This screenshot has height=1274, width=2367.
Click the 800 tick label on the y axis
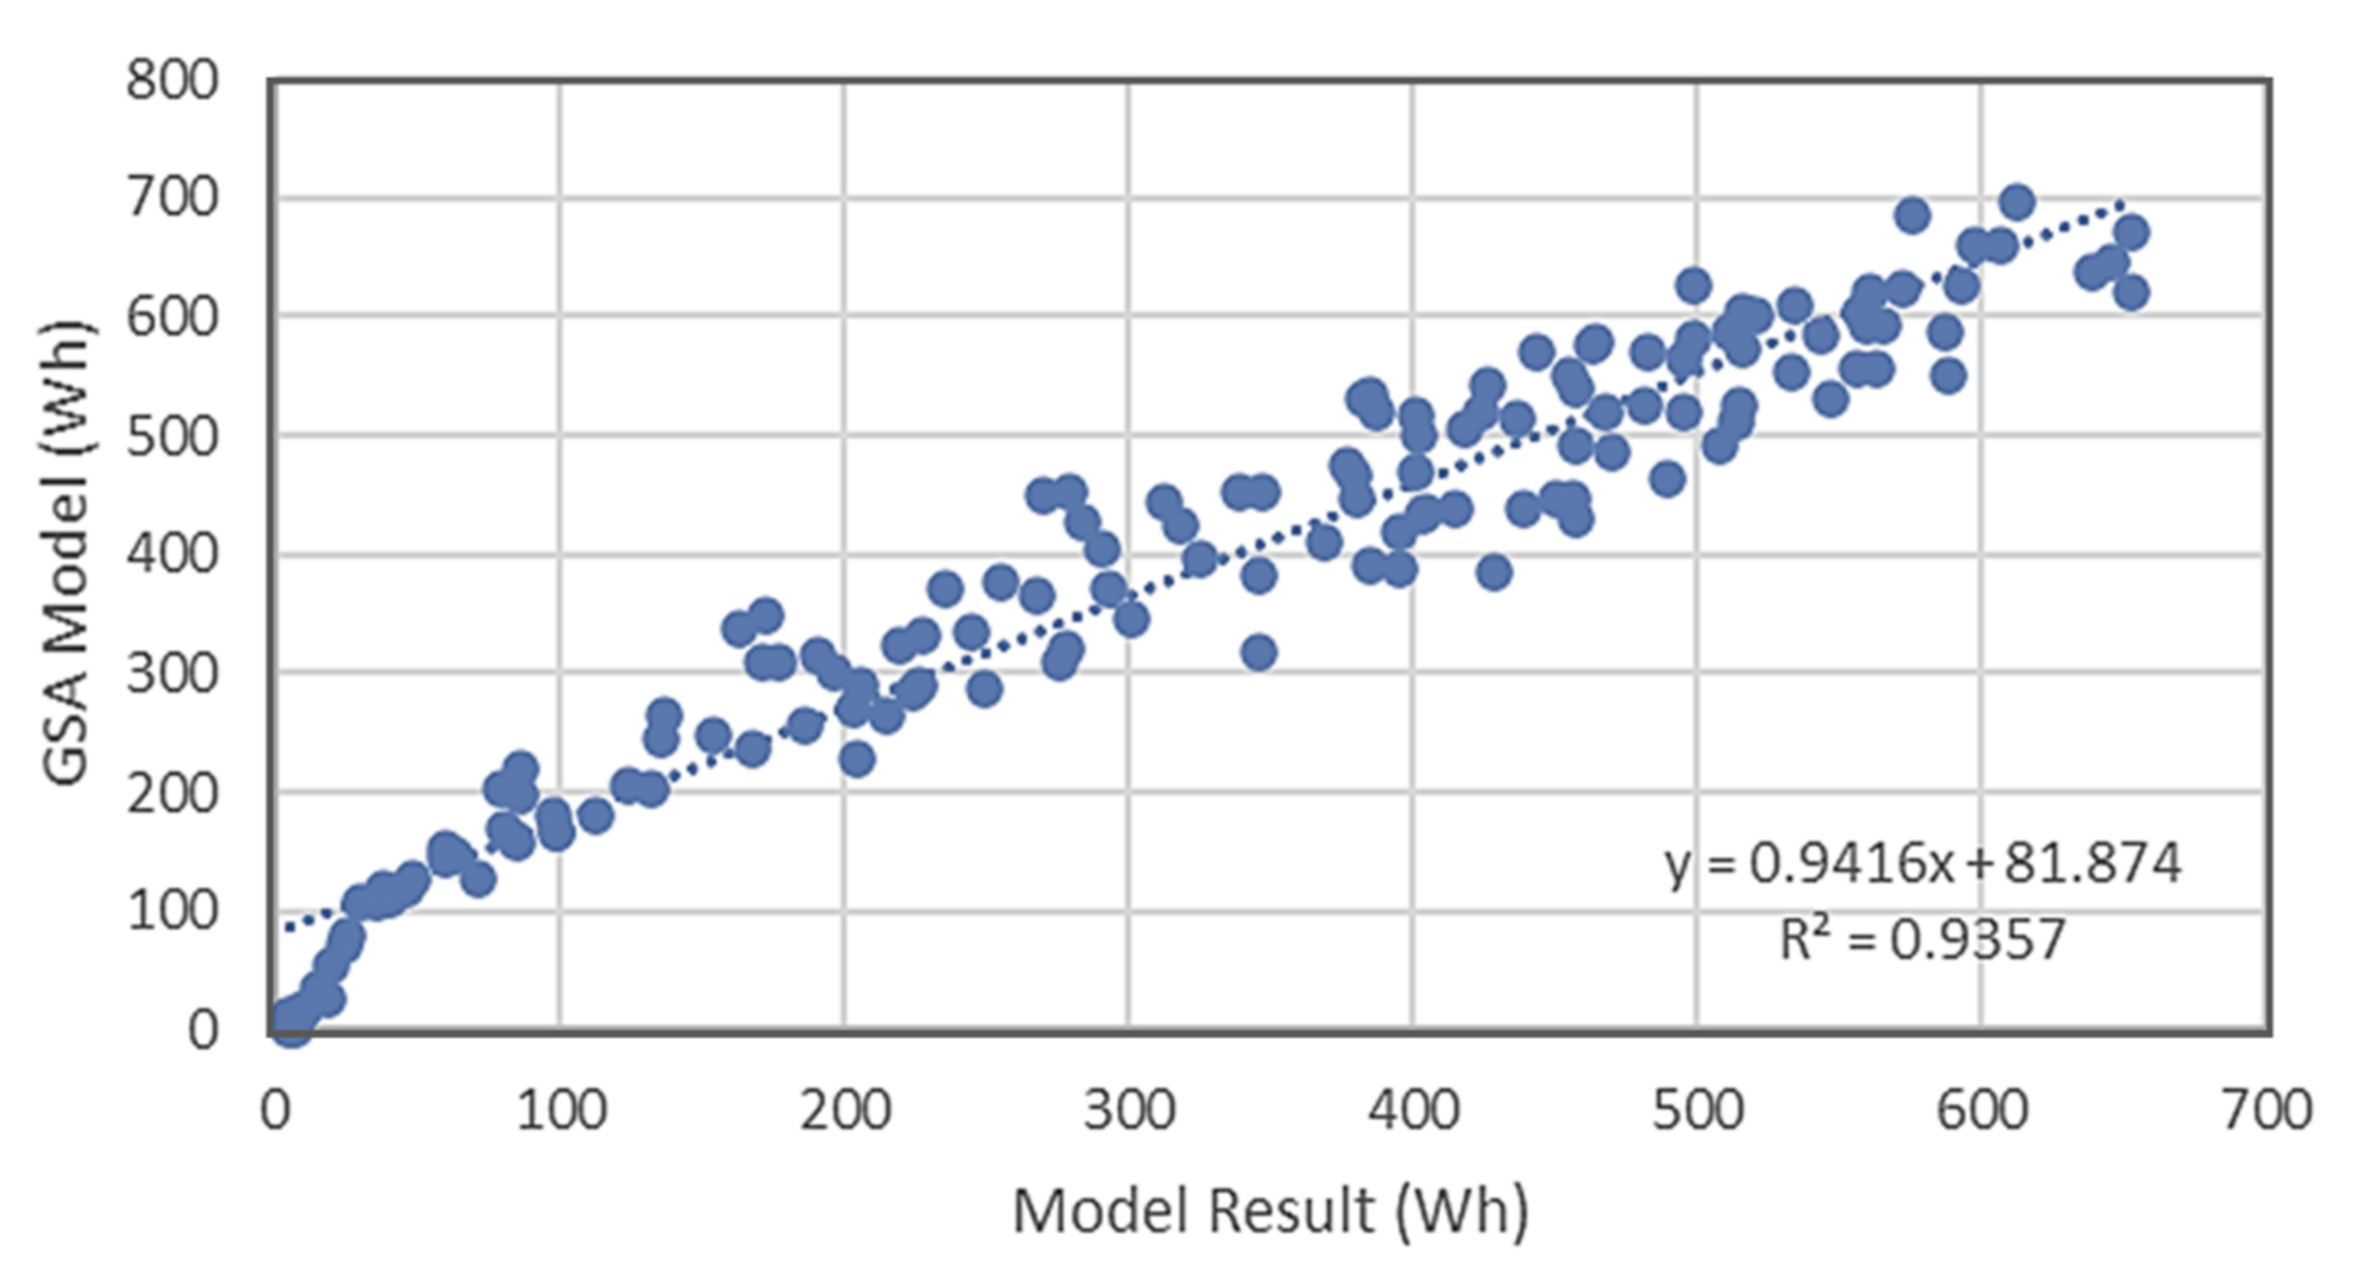point(172,81)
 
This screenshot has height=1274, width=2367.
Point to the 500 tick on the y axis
point(172,436)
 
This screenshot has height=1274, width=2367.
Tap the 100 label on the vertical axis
point(172,911)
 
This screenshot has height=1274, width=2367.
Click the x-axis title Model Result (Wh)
point(1270,1211)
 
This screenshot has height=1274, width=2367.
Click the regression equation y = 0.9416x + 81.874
point(1922,864)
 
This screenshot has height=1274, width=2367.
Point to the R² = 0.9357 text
point(1922,938)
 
